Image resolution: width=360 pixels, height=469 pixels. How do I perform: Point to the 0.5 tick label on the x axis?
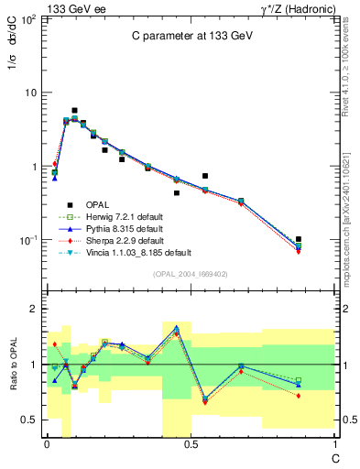190,443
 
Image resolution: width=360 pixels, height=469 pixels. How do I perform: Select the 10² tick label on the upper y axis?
28,19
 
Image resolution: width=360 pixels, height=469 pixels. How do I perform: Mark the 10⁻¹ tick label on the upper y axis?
28,241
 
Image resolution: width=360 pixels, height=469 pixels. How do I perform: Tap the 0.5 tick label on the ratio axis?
29,420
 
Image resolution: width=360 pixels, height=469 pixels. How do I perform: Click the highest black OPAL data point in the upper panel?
74,110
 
